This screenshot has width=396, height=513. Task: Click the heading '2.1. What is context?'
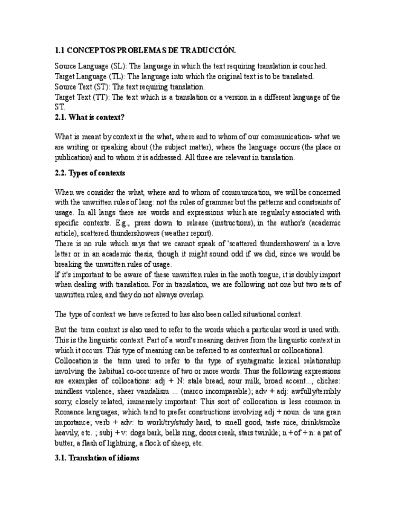89,117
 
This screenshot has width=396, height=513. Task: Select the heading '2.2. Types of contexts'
90,173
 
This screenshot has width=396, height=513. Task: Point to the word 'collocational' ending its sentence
300,350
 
